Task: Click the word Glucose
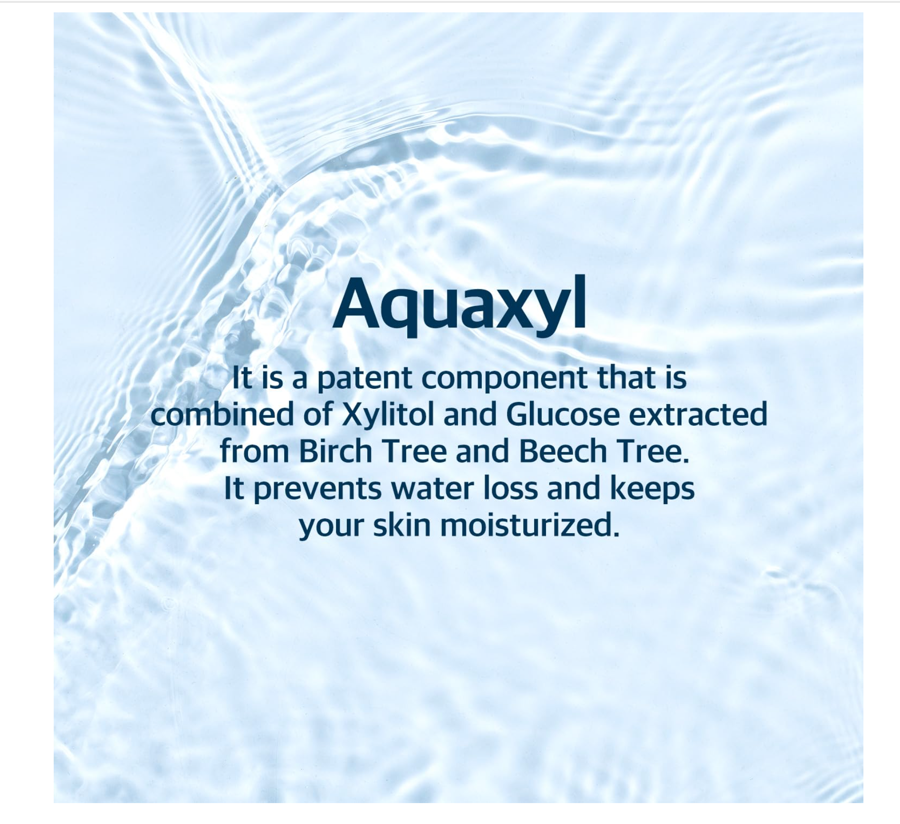pos(563,414)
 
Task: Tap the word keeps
pos(652,489)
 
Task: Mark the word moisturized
pos(530,525)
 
